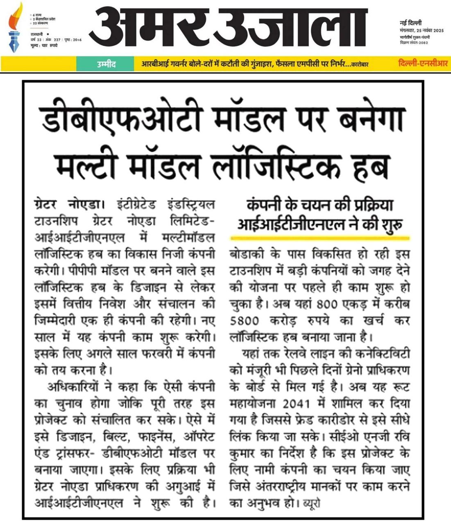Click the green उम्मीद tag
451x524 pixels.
pos(106,64)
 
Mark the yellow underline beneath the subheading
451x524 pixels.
pos(320,236)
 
